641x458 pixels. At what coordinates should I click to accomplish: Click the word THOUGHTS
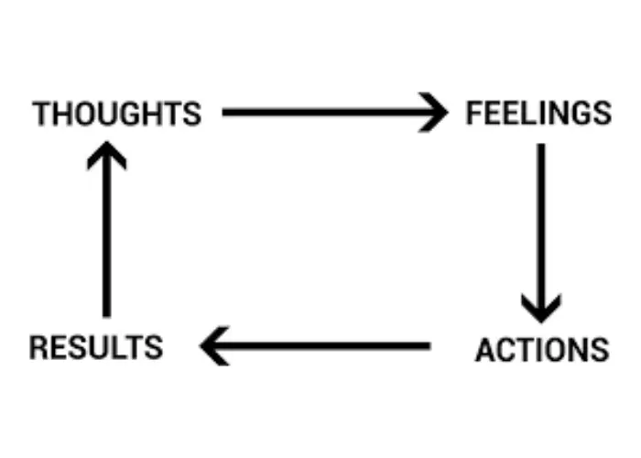coord(116,114)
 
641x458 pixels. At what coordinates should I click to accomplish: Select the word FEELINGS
coord(538,114)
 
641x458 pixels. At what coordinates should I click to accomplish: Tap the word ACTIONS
coord(541,350)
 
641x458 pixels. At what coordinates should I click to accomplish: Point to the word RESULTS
coord(96,348)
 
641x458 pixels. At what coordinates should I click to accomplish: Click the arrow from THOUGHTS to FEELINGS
coord(330,114)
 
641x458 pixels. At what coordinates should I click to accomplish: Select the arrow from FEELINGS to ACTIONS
coord(541,229)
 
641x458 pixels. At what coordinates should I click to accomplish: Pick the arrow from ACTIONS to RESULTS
coord(316,346)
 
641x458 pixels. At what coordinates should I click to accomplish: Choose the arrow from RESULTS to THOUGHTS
coord(107,234)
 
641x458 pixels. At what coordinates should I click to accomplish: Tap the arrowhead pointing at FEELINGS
coord(435,114)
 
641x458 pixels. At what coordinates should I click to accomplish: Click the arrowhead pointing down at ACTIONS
coord(541,307)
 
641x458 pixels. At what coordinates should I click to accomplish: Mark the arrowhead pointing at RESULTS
coord(213,346)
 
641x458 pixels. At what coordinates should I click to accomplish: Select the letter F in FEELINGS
coord(473,114)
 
